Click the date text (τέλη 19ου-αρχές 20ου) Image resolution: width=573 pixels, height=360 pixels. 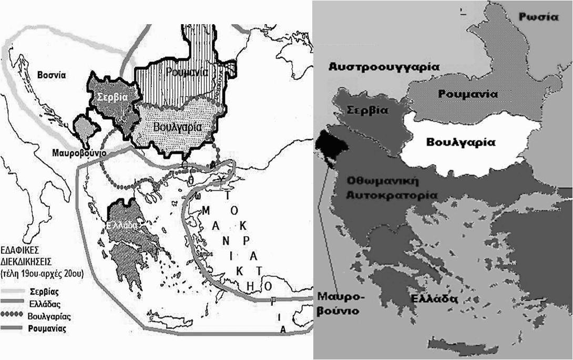click(x=38, y=273)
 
